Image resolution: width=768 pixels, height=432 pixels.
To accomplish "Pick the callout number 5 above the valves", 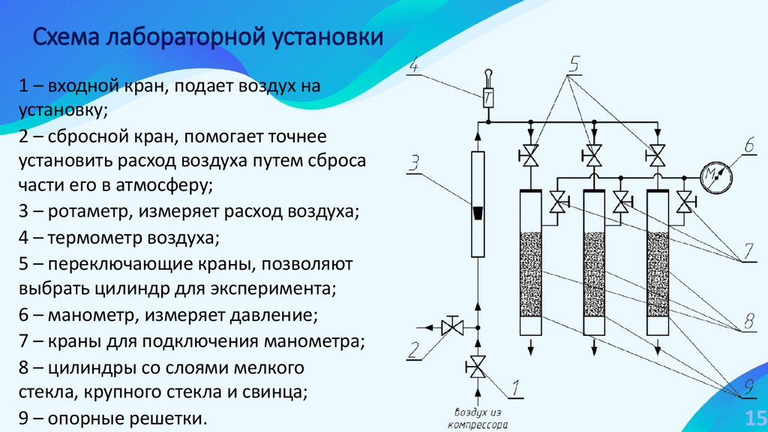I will coord(574,64).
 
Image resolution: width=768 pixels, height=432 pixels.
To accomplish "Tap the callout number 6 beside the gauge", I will coord(749,144).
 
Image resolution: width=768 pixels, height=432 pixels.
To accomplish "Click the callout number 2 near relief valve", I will coord(413,349).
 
